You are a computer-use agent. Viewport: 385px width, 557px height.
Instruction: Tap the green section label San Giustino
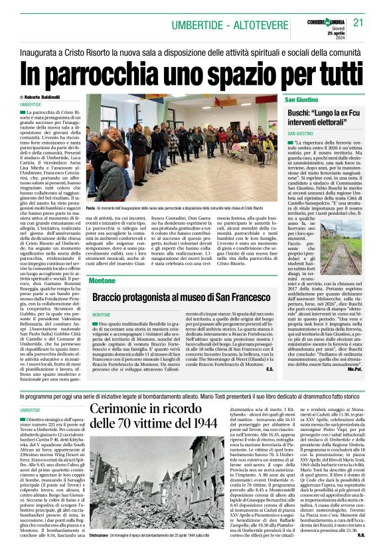click(x=301, y=99)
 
